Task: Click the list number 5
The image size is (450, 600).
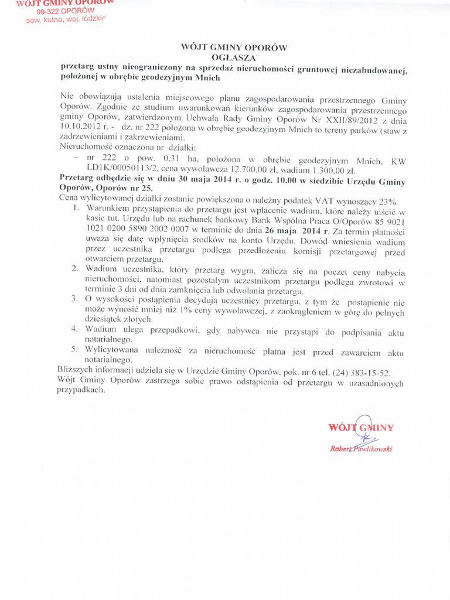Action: (x=75, y=350)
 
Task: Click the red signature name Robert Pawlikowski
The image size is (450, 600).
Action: (x=360, y=449)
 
